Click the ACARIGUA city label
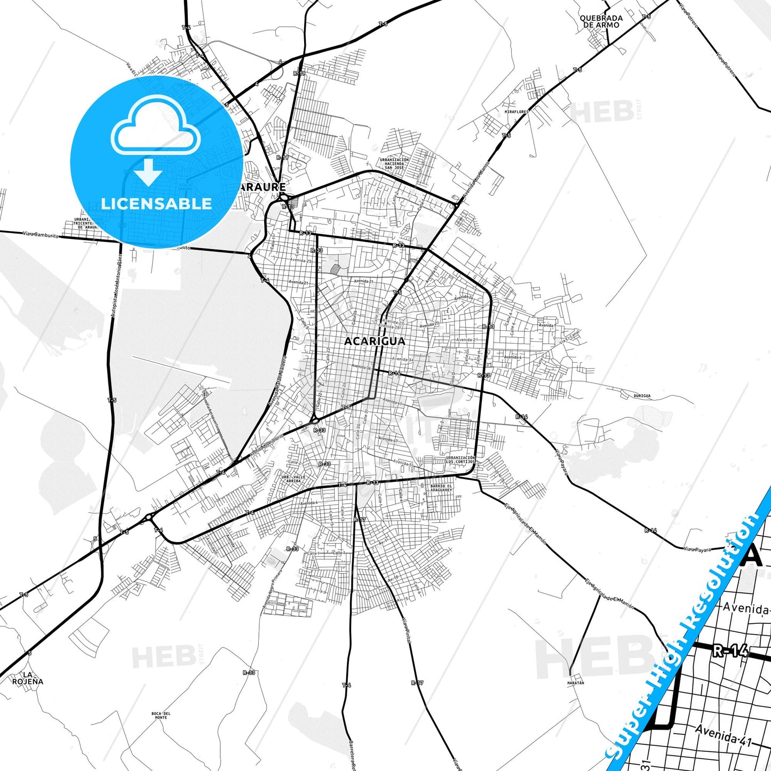click(375, 341)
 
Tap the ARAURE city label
click(263, 187)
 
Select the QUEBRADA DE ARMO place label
click(601, 21)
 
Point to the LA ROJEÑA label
click(28, 678)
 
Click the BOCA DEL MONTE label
click(161, 716)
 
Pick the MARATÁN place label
click(576, 683)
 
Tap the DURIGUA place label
click(642, 396)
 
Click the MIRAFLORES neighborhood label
click(516, 112)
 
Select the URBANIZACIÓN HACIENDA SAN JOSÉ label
click(394, 163)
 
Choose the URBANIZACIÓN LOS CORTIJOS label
click(460, 460)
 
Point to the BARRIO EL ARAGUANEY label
click(441, 488)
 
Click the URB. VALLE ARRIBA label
click(293, 479)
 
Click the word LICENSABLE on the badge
click(156, 203)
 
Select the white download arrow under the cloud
click(148, 171)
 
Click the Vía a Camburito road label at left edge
click(41, 234)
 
